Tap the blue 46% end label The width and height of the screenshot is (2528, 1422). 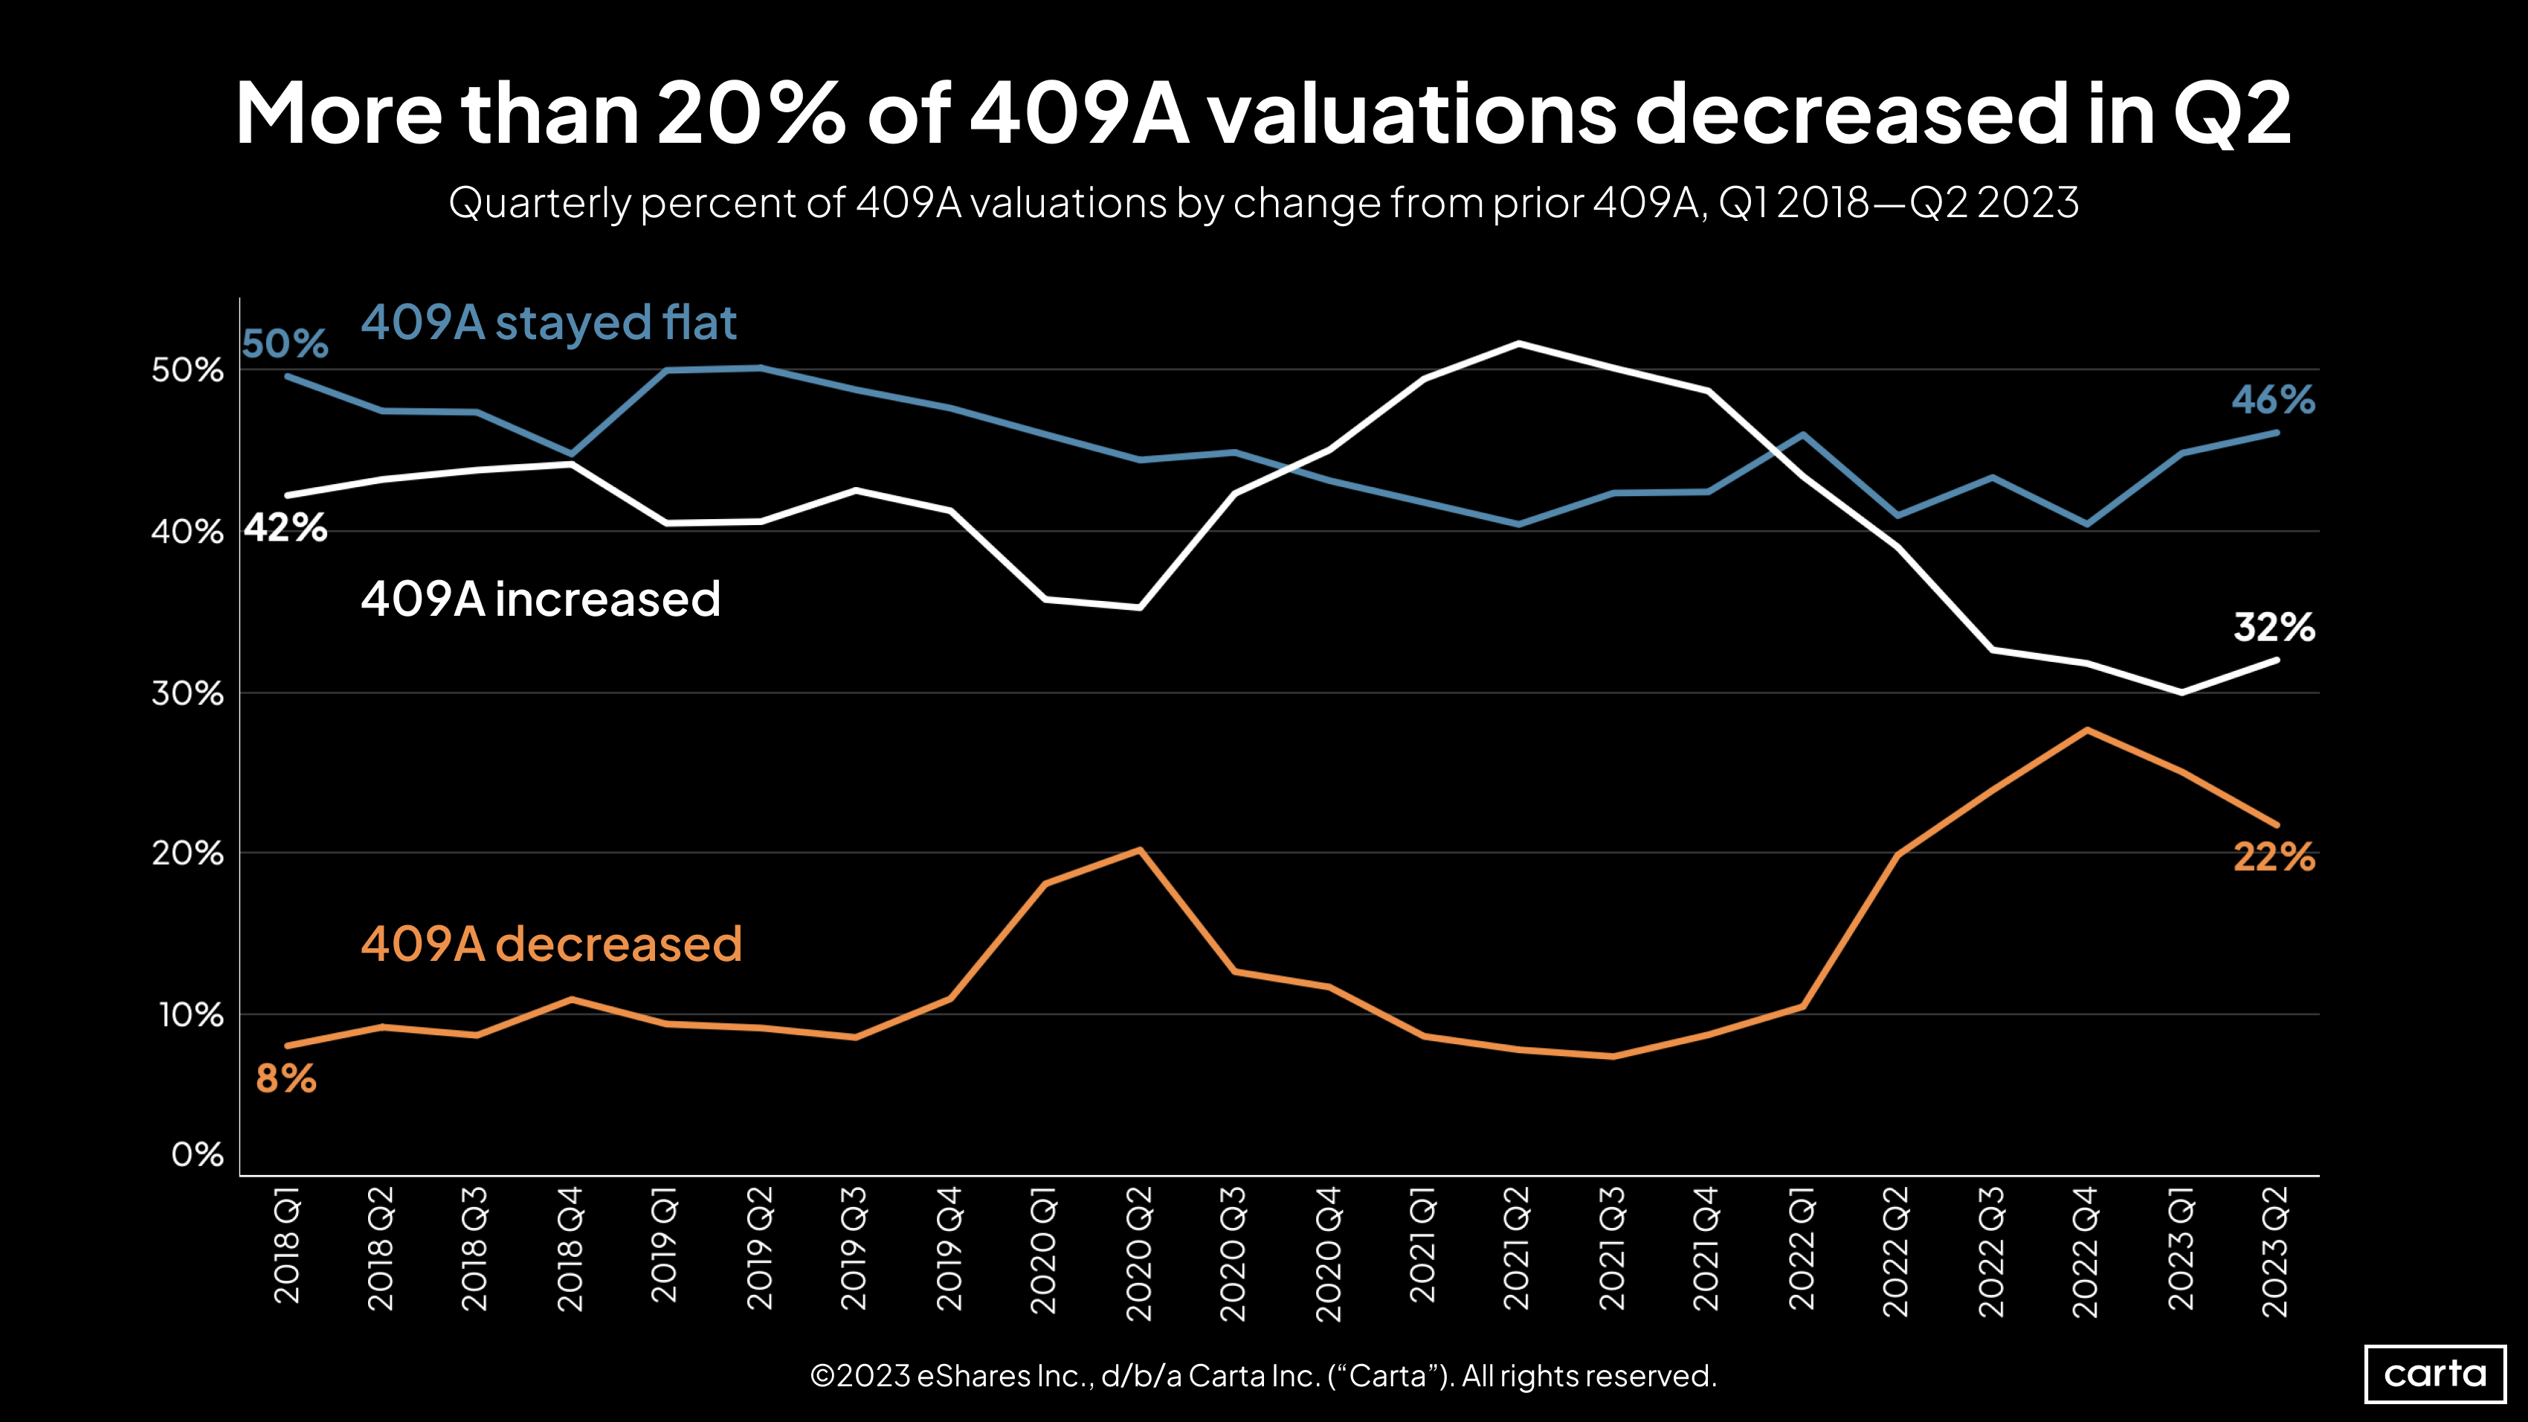tap(2272, 399)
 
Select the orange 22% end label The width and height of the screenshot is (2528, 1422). tap(2273, 857)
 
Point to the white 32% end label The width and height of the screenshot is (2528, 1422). tap(2273, 626)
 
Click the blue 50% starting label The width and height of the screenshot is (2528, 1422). tap(285, 344)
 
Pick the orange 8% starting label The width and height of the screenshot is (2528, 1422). tap(286, 1078)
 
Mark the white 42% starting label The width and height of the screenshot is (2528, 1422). tap(285, 528)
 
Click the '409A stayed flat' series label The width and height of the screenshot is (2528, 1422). tap(549, 323)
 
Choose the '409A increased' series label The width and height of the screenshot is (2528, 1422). tap(540, 599)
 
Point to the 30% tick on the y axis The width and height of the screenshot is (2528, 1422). tap(187, 694)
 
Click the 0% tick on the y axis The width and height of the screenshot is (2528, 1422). tap(196, 1154)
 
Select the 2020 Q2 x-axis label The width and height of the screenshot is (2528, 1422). tap(1138, 1253)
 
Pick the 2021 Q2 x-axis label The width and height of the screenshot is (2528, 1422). tap(1518, 1248)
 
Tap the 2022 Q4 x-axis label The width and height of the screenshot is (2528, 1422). tap(2086, 1252)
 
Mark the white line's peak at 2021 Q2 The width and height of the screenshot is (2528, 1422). tap(1518, 344)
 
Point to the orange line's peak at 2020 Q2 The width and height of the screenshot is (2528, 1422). tap(1138, 850)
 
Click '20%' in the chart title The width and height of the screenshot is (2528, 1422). tap(749, 113)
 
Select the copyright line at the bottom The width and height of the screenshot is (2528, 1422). tap(1263, 1376)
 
